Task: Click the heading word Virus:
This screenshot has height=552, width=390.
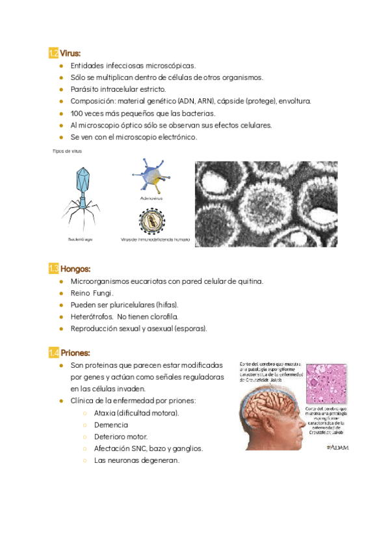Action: pos(71,53)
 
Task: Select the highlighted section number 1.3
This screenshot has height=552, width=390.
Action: pos(54,269)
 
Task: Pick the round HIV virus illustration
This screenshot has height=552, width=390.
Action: pos(151,221)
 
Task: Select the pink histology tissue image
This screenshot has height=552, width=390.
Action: pos(327,384)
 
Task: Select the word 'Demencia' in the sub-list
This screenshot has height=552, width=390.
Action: pos(112,425)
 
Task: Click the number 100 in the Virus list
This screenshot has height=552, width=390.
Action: pos(77,113)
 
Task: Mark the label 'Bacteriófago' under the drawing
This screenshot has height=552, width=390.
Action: pos(81,240)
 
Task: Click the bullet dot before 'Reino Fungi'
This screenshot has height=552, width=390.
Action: pos(60,293)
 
